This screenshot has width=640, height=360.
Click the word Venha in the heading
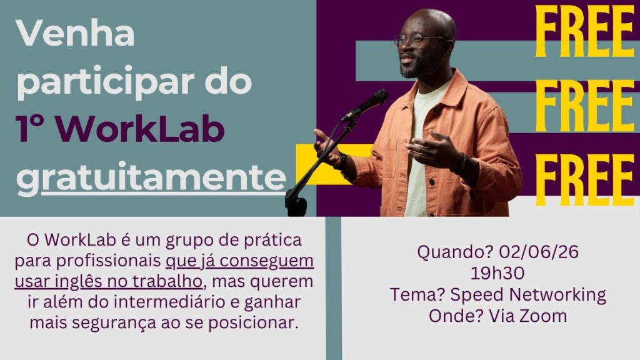coord(76,33)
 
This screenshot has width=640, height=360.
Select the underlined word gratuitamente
coord(151,178)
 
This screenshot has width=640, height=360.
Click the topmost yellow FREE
coord(584,31)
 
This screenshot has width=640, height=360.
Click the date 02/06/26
coord(539,252)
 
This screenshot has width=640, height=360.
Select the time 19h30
coord(497,273)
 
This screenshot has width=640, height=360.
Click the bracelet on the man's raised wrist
coord(463,162)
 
